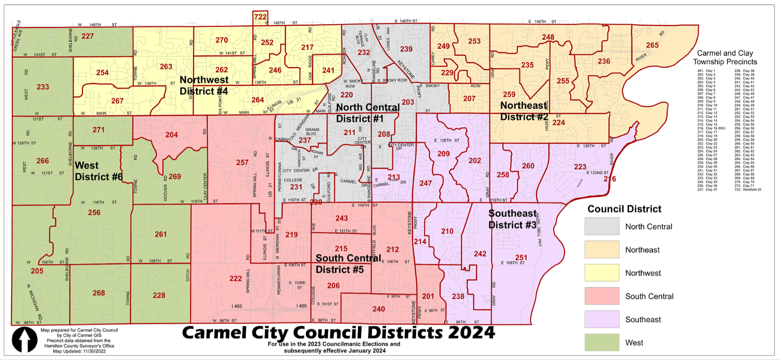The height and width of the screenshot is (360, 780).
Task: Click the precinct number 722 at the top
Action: (260, 17)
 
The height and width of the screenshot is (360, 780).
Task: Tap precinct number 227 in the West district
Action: (88, 36)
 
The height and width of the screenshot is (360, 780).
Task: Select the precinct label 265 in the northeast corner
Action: (652, 45)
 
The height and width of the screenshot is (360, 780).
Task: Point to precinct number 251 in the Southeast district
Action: (521, 257)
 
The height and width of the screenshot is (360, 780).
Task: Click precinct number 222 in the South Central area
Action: (235, 278)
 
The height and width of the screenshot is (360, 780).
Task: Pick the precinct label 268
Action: (98, 293)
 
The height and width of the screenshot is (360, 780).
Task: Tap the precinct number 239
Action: (406, 49)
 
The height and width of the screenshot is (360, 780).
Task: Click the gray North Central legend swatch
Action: (602, 226)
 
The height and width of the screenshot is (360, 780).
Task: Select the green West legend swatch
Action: (602, 343)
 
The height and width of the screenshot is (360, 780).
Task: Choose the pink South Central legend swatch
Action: (602, 296)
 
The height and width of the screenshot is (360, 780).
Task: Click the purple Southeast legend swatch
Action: (602, 319)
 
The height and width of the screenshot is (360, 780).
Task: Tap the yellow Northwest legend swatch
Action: (602, 273)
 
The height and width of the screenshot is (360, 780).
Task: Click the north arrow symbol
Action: (24, 339)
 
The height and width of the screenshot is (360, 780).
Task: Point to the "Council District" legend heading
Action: (624, 209)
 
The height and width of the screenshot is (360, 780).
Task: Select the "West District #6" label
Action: (98, 171)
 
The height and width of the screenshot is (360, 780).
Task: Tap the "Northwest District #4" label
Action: (204, 85)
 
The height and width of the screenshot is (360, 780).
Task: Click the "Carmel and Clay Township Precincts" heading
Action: (725, 57)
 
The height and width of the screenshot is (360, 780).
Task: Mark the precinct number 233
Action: (43, 87)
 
